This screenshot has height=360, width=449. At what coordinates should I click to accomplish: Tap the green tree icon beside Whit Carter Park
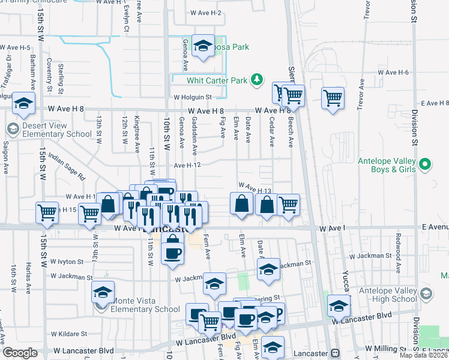pyautogui.click(x=257, y=79)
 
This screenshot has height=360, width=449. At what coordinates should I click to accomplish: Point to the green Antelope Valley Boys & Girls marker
pyautogui.click(x=425, y=164)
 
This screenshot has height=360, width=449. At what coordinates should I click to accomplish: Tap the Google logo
pyautogui.click(x=20, y=353)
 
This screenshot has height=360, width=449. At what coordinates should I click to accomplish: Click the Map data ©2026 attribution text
pyautogui.click(x=424, y=355)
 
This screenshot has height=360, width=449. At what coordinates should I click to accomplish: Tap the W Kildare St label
pyautogui.click(x=69, y=334)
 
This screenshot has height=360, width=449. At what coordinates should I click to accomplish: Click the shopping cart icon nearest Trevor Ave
pyautogui.click(x=333, y=97)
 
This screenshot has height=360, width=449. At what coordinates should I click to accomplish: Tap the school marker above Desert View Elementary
pyautogui.click(x=23, y=103)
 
